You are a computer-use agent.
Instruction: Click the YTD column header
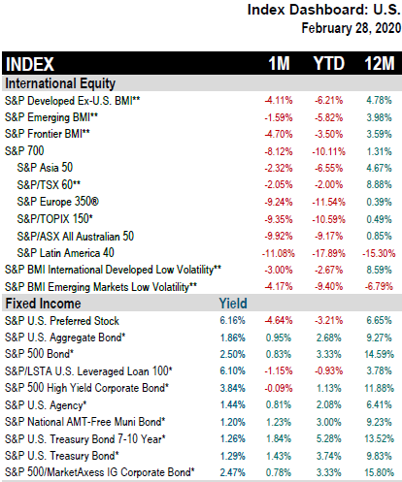click(x=329, y=63)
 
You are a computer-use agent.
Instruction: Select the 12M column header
click(x=380, y=63)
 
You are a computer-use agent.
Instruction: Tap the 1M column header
click(x=279, y=63)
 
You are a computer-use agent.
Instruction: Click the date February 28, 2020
click(x=352, y=28)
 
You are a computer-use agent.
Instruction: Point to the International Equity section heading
click(x=60, y=83)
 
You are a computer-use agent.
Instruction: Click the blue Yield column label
click(x=233, y=304)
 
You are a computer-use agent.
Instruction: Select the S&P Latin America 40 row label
click(x=65, y=253)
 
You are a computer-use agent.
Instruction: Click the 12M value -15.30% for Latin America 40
click(x=379, y=253)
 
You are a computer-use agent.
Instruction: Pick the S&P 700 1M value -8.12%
click(x=279, y=151)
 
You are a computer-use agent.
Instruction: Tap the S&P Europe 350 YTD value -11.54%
click(x=328, y=202)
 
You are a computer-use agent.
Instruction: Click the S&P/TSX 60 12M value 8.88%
click(x=379, y=185)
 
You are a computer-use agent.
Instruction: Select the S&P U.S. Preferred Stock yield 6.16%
click(x=232, y=320)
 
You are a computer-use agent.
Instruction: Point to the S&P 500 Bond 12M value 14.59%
click(x=379, y=354)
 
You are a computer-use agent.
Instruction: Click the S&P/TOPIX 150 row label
click(x=55, y=219)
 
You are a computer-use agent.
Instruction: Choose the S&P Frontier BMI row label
click(x=48, y=134)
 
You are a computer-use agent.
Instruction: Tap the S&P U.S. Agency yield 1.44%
click(x=232, y=404)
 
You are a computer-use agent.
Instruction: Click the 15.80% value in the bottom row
click(x=379, y=472)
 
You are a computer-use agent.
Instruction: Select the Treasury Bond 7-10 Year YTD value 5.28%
click(x=328, y=438)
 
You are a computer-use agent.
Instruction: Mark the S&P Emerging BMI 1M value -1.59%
click(x=279, y=117)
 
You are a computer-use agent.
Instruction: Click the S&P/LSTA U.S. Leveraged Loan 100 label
click(x=88, y=371)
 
